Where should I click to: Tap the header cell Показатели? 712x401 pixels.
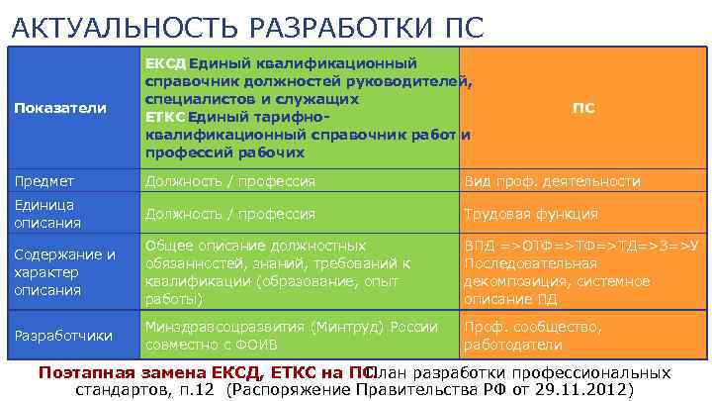point(58,107)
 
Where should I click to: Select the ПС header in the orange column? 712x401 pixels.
point(583,107)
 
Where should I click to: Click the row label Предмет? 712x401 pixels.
point(44,181)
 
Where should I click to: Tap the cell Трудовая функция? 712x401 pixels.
point(531,213)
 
